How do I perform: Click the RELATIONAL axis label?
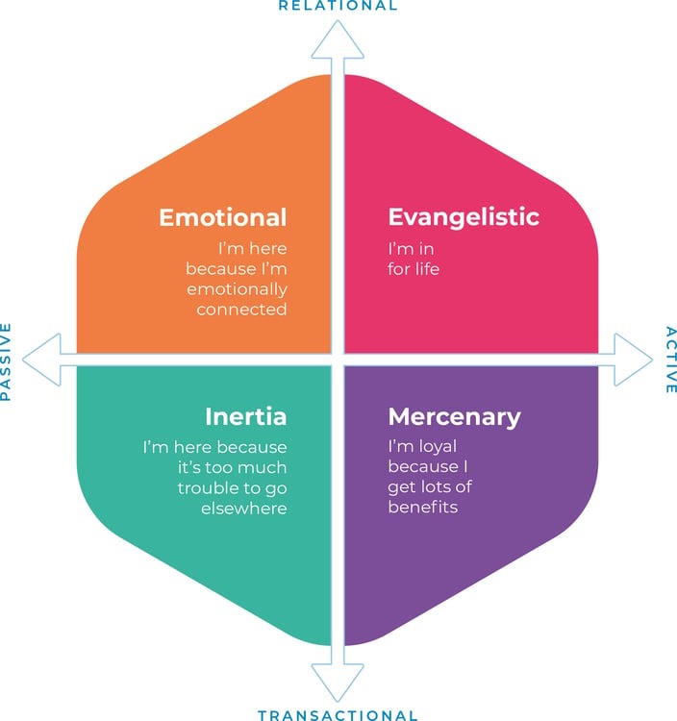(338, 6)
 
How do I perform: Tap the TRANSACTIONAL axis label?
(338, 714)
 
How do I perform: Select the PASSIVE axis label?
(7, 360)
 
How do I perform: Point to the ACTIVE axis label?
(670, 360)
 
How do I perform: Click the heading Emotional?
(223, 217)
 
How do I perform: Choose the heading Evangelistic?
(464, 217)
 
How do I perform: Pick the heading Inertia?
(245, 417)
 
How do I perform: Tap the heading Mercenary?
(454, 417)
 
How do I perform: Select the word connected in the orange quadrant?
(241, 310)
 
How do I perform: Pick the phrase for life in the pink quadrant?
(414, 269)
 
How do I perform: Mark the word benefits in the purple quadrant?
(423, 508)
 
